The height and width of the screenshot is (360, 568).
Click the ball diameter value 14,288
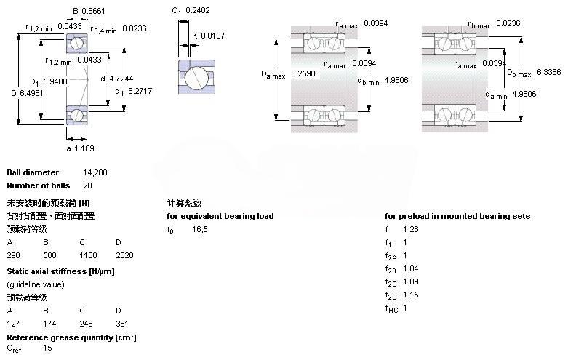pos(95,172)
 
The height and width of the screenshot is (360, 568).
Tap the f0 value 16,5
pos(199,229)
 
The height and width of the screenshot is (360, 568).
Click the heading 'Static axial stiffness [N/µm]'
pos(60,271)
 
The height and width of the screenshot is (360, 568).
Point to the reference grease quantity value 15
pos(47,348)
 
